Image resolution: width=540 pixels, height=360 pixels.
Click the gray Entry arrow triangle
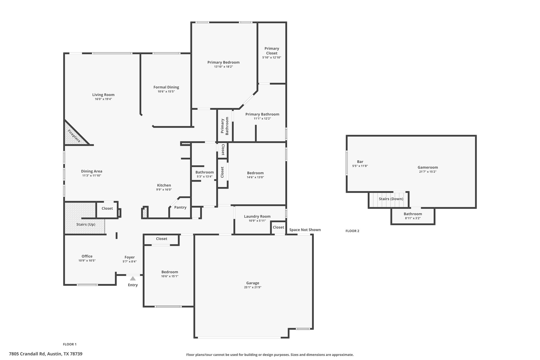133,279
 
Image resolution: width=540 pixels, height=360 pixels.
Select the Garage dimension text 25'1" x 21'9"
253,287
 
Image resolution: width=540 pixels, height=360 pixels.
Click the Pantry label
180,207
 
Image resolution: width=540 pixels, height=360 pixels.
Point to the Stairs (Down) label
391,199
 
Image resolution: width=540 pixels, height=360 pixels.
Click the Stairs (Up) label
86,224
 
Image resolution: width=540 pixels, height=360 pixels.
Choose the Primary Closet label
272,51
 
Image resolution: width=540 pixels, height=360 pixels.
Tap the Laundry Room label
257,216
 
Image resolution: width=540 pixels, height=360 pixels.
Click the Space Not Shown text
305,230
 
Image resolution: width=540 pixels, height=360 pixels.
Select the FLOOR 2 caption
352,231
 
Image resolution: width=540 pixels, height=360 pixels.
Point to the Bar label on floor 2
360,162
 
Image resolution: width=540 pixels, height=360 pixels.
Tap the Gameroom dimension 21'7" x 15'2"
428,172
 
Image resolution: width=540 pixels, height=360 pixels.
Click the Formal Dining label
166,87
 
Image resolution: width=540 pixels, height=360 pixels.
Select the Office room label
87,256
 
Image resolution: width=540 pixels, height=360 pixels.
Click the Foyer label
129,257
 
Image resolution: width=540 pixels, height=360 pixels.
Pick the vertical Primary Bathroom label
225,126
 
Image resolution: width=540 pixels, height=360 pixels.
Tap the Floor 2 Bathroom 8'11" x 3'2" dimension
413,218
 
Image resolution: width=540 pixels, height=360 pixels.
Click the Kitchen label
164,185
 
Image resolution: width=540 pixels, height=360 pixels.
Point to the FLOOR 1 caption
70,344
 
